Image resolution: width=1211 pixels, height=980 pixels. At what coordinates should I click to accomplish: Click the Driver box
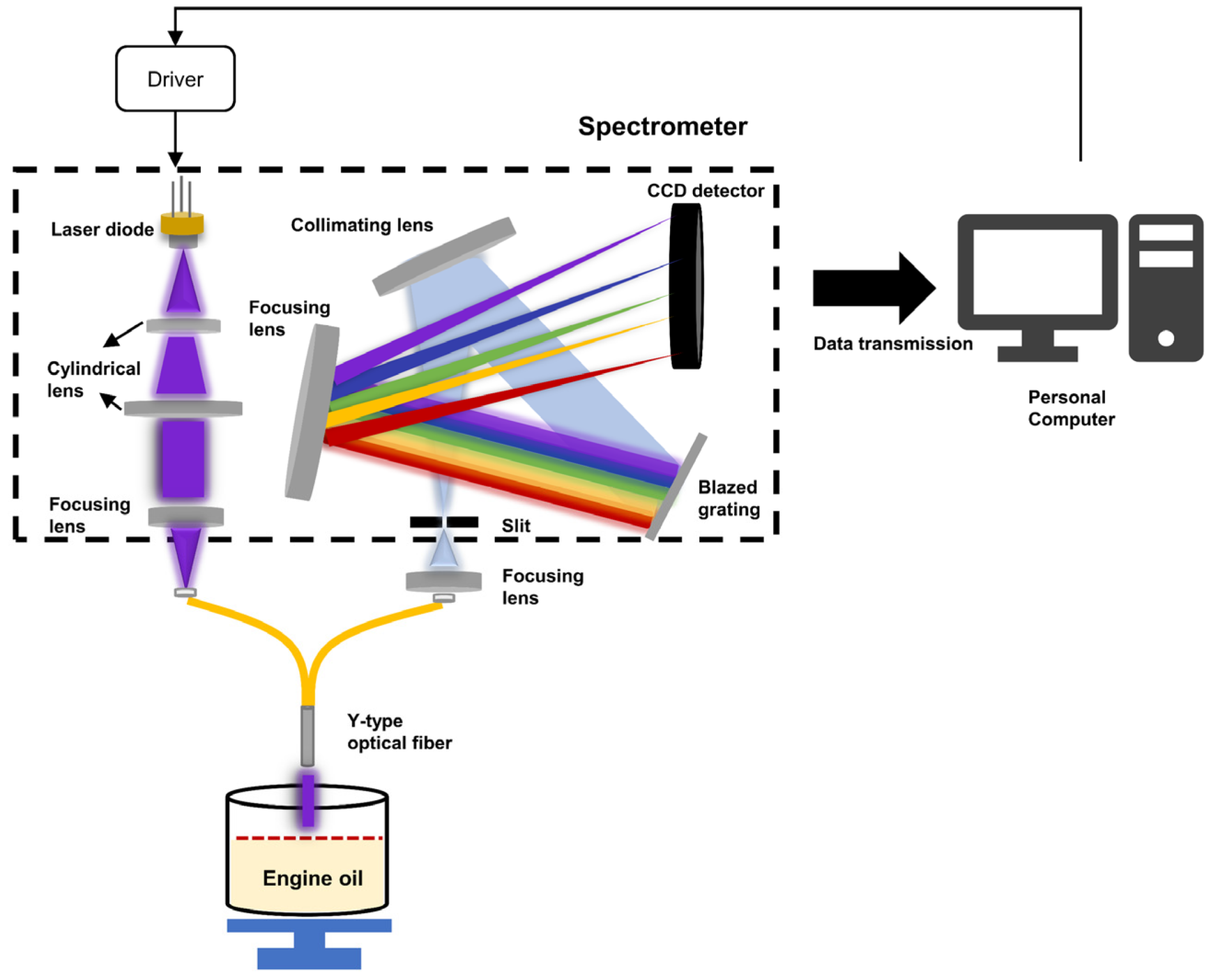pos(175,79)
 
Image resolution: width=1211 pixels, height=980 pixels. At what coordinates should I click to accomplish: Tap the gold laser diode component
pos(182,224)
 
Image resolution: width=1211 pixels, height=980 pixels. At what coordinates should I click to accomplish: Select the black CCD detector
pos(686,286)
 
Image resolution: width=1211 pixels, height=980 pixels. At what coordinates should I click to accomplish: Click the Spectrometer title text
pos(662,126)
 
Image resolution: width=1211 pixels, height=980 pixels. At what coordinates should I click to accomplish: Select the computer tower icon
pos(1165,288)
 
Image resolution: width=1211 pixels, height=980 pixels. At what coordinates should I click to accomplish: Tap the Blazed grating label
pos(728,498)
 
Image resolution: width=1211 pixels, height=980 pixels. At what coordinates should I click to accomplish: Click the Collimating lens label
pos(361,225)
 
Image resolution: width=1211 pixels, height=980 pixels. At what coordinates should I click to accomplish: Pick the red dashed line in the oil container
pos(309,838)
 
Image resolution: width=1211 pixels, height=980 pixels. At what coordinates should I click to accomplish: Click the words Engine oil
pos(313,878)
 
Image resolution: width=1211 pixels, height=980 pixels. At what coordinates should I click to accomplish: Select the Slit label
pos(515,525)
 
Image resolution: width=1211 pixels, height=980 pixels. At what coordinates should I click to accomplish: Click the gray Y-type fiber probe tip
pos(308,736)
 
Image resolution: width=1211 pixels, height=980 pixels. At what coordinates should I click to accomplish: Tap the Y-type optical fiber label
pos(399,732)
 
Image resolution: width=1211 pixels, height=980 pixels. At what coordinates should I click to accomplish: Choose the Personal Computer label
pos(1071,408)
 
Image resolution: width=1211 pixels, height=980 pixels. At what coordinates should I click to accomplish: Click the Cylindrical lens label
pos(93,379)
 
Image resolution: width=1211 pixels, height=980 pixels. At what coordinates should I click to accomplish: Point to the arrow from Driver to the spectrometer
pos(175,138)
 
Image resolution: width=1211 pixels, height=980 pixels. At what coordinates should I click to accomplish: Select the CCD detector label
pos(705,191)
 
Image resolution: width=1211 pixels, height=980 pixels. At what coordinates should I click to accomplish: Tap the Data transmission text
pos(892,344)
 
